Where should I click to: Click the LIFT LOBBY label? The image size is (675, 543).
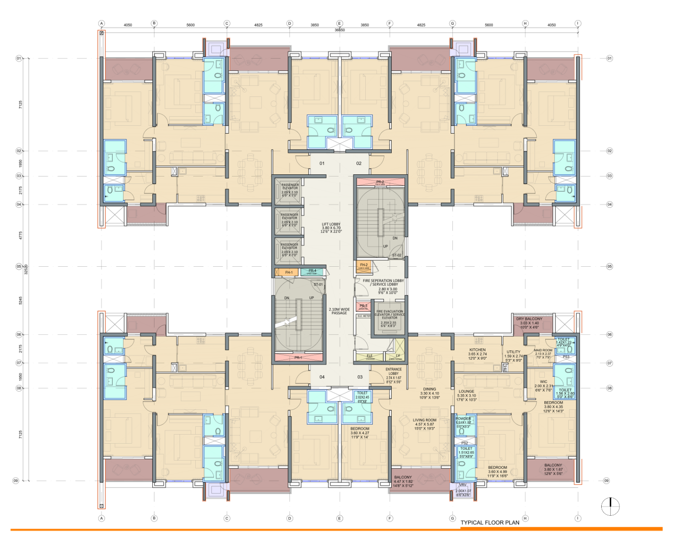(331, 225)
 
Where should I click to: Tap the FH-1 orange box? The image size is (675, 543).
(289, 272)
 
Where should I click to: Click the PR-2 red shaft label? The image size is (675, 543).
(380, 182)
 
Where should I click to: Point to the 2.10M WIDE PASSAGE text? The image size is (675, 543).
(339, 311)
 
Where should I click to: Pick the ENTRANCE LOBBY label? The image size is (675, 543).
(393, 371)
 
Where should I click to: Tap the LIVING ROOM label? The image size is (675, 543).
(425, 420)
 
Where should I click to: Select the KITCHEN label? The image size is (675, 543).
(477, 350)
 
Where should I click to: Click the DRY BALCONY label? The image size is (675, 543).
(529, 319)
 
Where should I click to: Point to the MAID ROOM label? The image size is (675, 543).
(543, 350)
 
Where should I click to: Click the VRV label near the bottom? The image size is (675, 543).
(463, 485)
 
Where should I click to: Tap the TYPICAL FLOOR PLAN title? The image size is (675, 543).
(490, 523)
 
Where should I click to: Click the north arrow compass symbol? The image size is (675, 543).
(610, 506)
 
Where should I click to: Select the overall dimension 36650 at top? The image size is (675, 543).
(340, 30)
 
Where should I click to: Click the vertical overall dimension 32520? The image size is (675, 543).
(26, 269)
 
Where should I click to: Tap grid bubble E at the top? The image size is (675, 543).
(340, 23)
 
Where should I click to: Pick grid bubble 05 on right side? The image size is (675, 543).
(609, 266)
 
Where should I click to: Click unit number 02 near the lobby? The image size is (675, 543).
(359, 164)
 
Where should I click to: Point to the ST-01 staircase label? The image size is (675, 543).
(318, 285)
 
